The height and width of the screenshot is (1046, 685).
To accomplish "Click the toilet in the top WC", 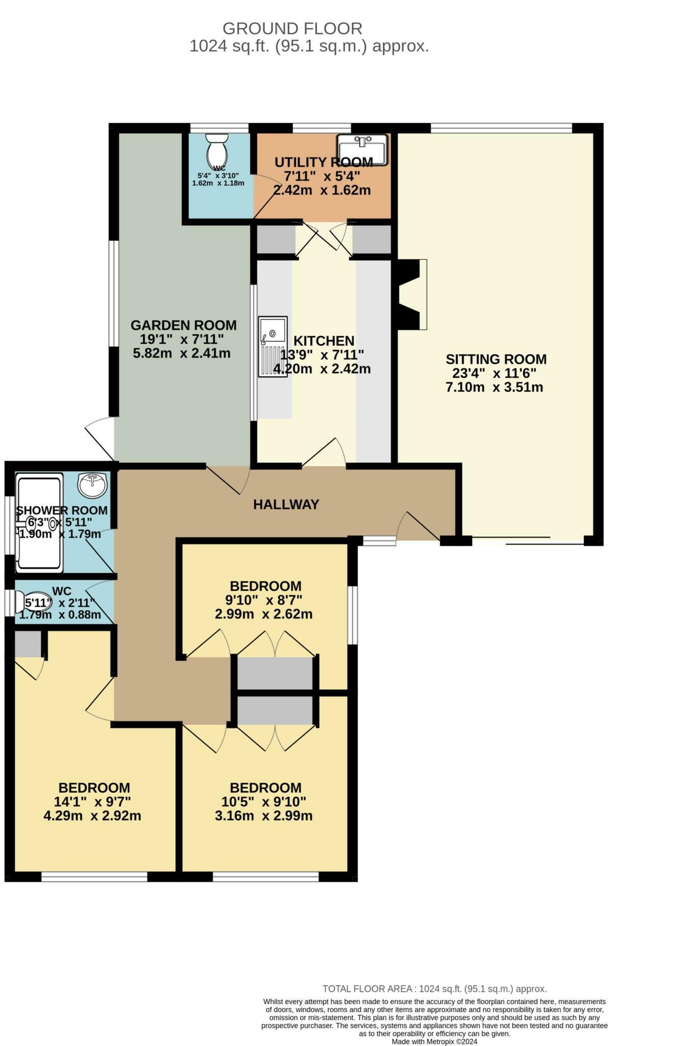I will (x=217, y=149).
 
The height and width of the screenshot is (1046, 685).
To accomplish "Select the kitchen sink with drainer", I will (x=273, y=347).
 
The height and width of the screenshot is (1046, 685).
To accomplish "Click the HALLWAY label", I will (x=286, y=505).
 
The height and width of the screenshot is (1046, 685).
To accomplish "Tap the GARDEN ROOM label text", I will (x=183, y=325).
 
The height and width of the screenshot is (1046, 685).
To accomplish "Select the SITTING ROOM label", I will (x=496, y=359).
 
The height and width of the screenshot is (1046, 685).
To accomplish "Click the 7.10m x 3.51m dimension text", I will (x=494, y=387).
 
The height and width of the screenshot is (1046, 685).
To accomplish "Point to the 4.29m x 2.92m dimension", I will (x=92, y=816).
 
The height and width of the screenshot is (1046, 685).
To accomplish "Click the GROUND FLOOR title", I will (x=292, y=28).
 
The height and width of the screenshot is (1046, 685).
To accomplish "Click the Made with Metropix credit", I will (x=434, y=1041).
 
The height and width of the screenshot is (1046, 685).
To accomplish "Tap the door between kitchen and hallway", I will (x=324, y=453).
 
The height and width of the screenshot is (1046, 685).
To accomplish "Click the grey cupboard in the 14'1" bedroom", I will (x=28, y=644).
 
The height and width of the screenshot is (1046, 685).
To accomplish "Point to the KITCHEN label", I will (x=324, y=341).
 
